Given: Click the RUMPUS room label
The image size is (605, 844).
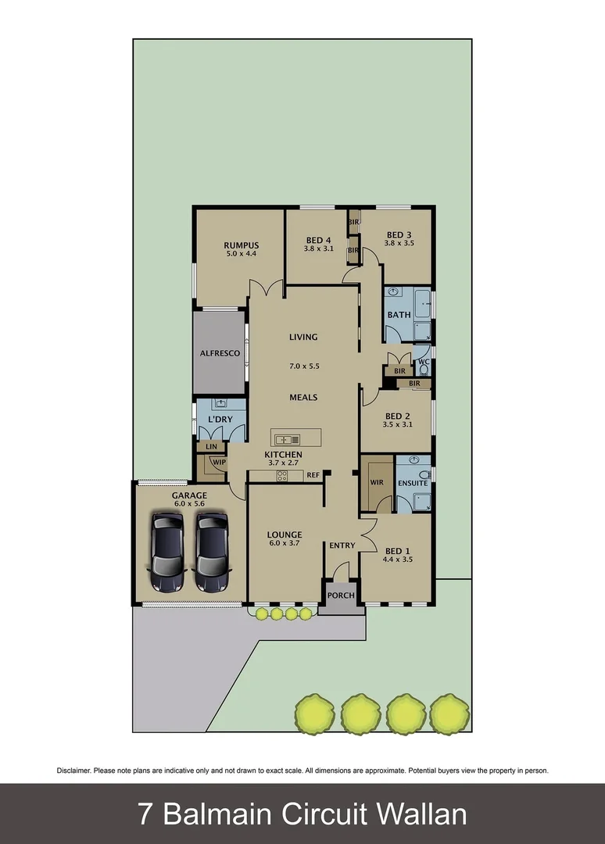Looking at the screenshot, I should [x=241, y=245].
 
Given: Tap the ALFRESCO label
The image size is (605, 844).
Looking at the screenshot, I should [x=219, y=352].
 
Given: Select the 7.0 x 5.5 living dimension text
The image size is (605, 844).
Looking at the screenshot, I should [x=303, y=366].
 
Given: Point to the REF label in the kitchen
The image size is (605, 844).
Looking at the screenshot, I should [x=313, y=475].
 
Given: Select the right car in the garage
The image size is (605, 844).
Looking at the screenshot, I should [x=213, y=551].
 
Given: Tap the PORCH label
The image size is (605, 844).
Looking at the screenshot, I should [x=341, y=595].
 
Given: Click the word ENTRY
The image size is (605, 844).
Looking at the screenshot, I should [x=342, y=545].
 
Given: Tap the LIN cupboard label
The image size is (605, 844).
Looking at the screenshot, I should [x=210, y=446].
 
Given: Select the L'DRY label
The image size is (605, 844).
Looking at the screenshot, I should [x=220, y=420].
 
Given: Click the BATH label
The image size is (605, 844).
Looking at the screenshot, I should [x=399, y=315].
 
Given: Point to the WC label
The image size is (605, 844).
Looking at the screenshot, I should [x=423, y=363].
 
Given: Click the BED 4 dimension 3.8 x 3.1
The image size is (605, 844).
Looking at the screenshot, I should [x=319, y=249].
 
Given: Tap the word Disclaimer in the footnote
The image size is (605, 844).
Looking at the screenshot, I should [x=74, y=771].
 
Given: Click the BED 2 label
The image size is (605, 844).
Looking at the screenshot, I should [x=397, y=416].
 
